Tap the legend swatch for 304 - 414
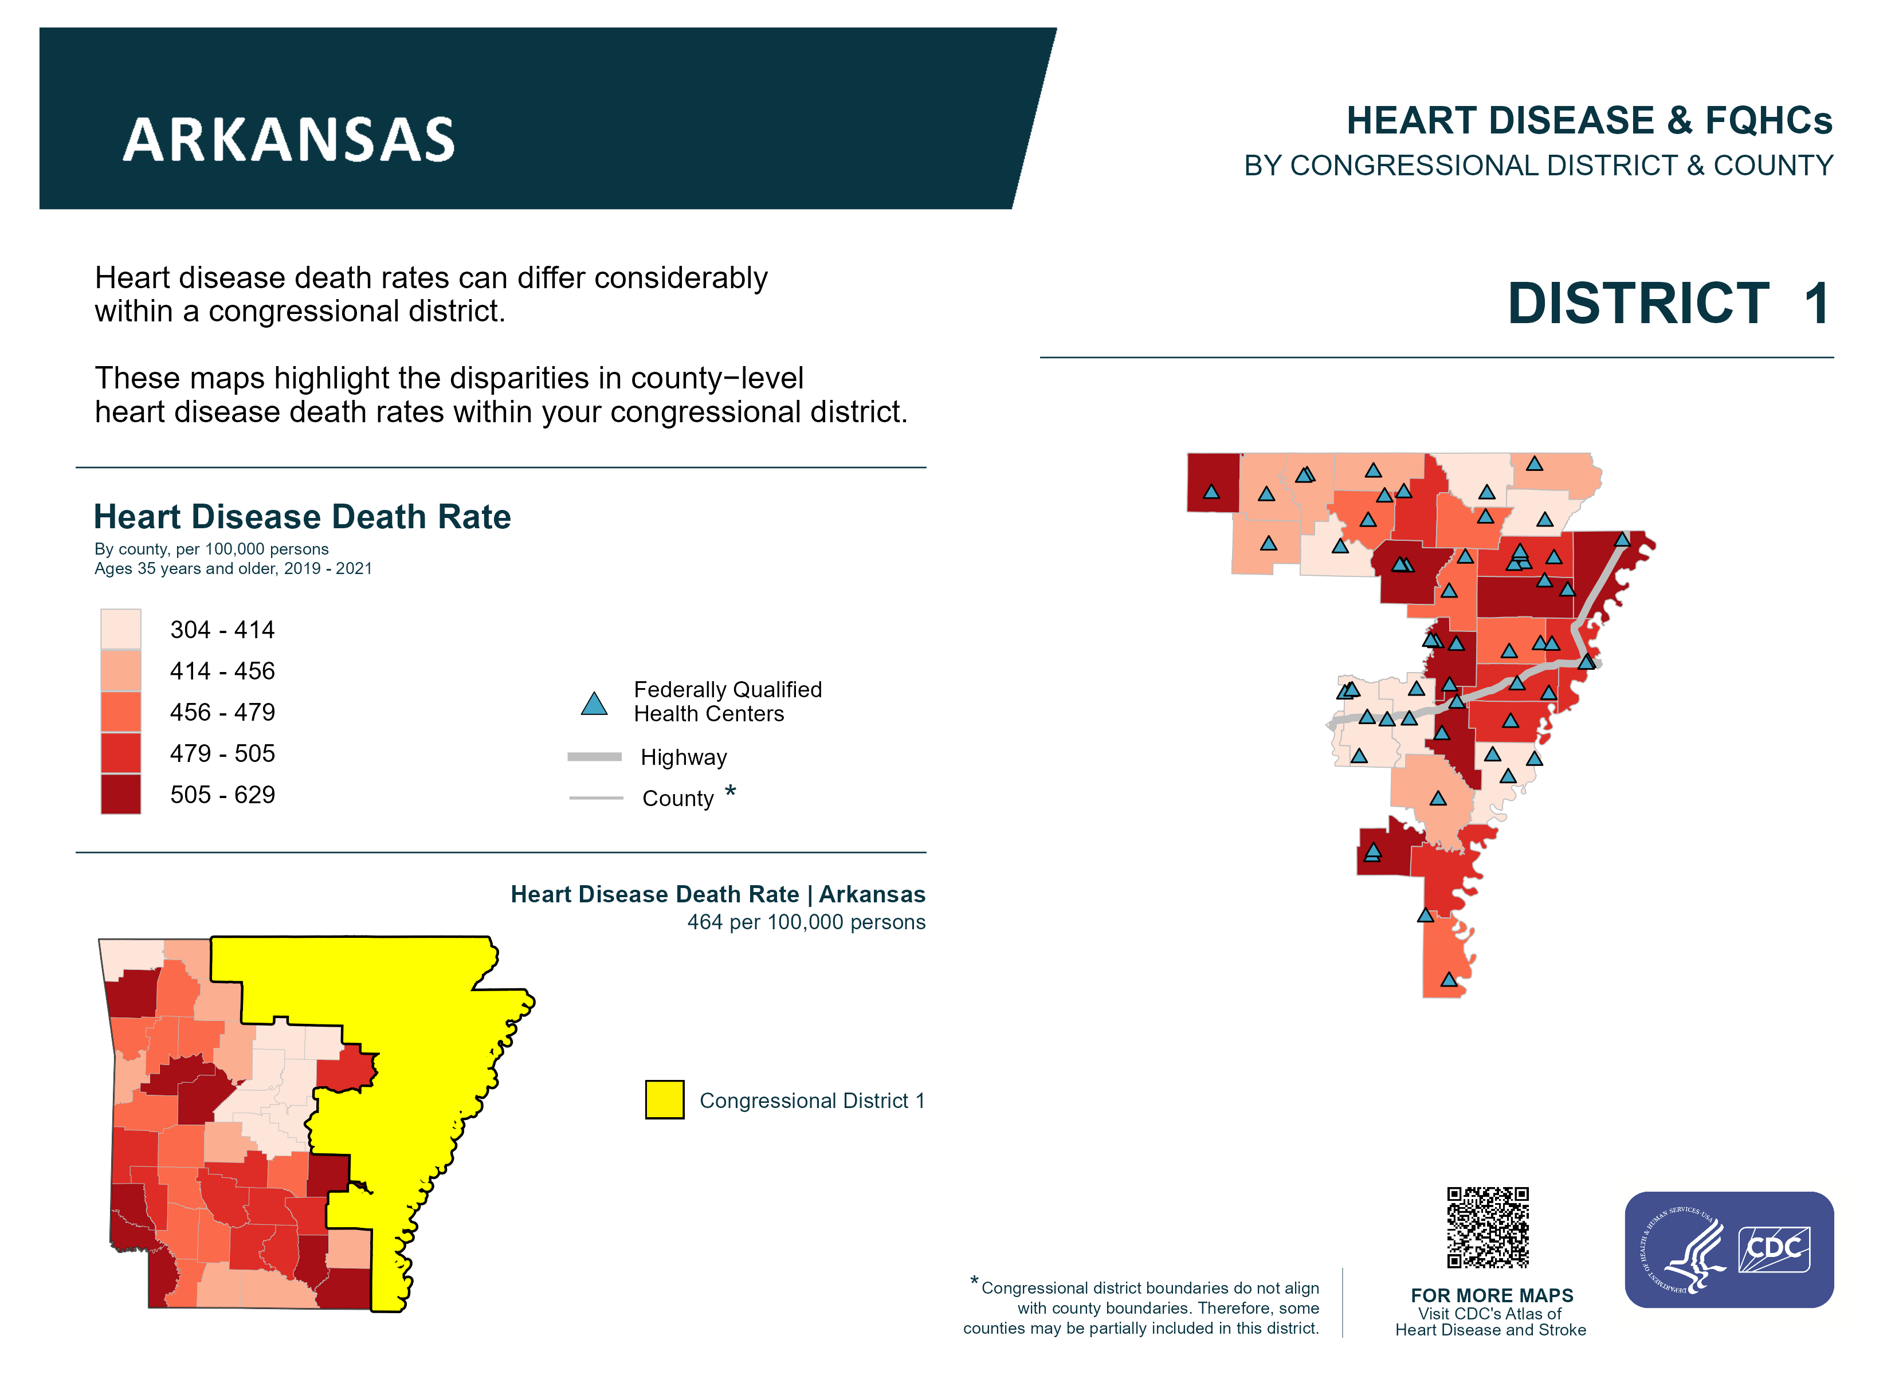[120, 628]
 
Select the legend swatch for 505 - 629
[120, 794]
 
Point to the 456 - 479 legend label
[222, 712]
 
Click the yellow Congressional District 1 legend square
[665, 1100]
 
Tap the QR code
[1488, 1227]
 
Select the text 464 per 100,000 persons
[806, 922]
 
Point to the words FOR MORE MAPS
[1492, 1295]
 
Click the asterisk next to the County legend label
[731, 791]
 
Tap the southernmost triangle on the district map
[1449, 980]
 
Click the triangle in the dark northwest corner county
[1211, 492]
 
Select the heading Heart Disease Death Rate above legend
[302, 517]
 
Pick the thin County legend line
[595, 798]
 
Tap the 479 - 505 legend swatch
[120, 753]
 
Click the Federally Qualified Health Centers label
[727, 701]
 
